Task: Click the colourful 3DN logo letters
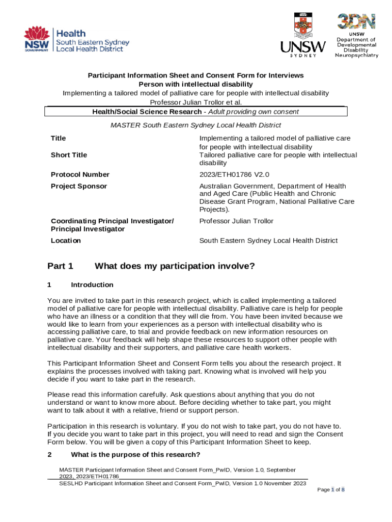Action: click(x=356, y=22)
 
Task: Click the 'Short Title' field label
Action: click(x=69, y=155)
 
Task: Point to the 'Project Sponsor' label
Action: click(x=79, y=186)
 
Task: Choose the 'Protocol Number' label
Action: click(x=80, y=175)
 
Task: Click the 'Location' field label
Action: click(x=66, y=241)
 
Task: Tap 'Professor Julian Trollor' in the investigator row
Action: click(x=236, y=221)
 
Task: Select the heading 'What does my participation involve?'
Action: click(x=174, y=266)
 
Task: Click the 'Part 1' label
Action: click(x=60, y=266)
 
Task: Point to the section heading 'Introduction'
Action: click(x=92, y=285)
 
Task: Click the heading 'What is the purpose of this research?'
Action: click(x=135, y=455)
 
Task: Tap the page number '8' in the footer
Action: click(x=343, y=490)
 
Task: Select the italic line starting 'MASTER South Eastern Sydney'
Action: click(x=195, y=125)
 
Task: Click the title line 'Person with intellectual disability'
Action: click(x=195, y=84)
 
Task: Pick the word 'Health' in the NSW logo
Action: click(x=74, y=33)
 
